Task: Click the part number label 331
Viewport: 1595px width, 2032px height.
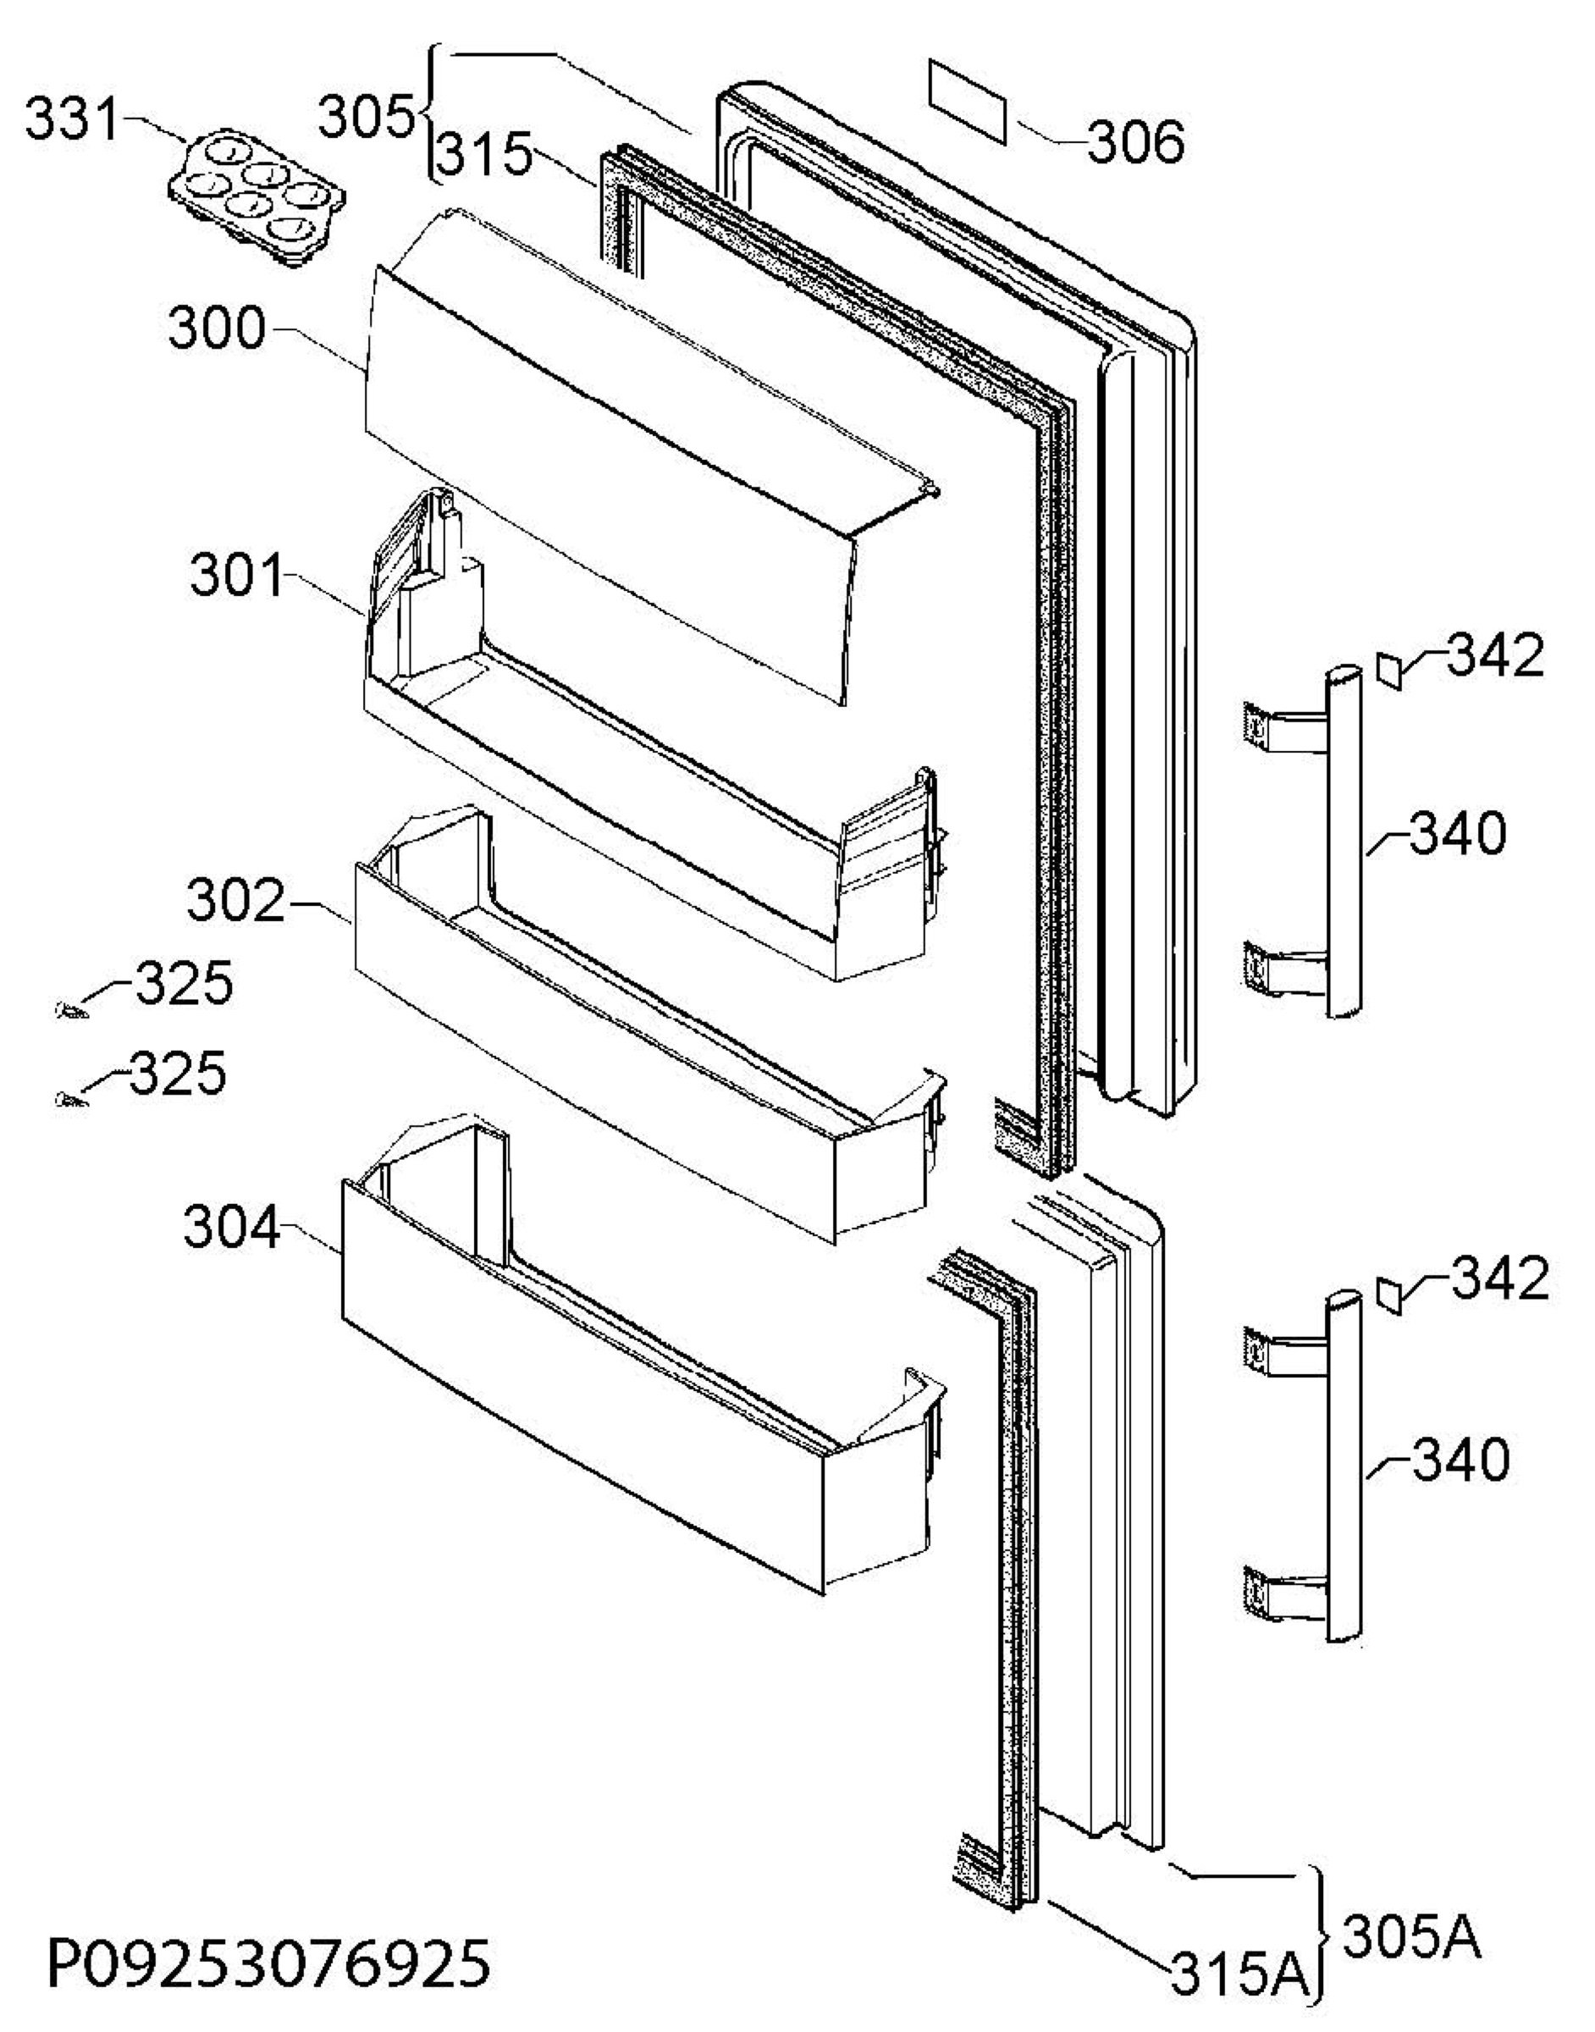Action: click(x=72, y=119)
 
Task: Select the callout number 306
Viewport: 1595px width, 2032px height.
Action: click(x=1136, y=143)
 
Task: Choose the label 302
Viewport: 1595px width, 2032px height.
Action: click(x=235, y=901)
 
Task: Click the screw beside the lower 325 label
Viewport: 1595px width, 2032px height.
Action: click(x=71, y=1100)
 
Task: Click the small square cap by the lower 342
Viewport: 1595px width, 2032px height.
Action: click(x=1388, y=1297)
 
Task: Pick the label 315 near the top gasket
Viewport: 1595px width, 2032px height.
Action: click(x=483, y=152)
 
